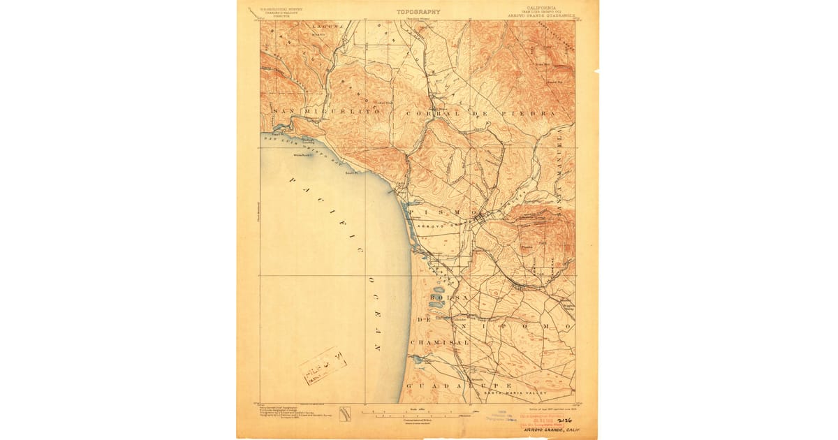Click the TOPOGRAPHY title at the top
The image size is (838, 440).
click(x=418, y=11)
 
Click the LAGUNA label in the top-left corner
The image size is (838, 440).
click(x=328, y=26)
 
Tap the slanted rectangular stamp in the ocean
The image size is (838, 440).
click(x=323, y=365)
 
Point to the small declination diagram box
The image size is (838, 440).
click(x=344, y=413)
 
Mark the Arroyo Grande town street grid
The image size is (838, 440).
click(x=480, y=221)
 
